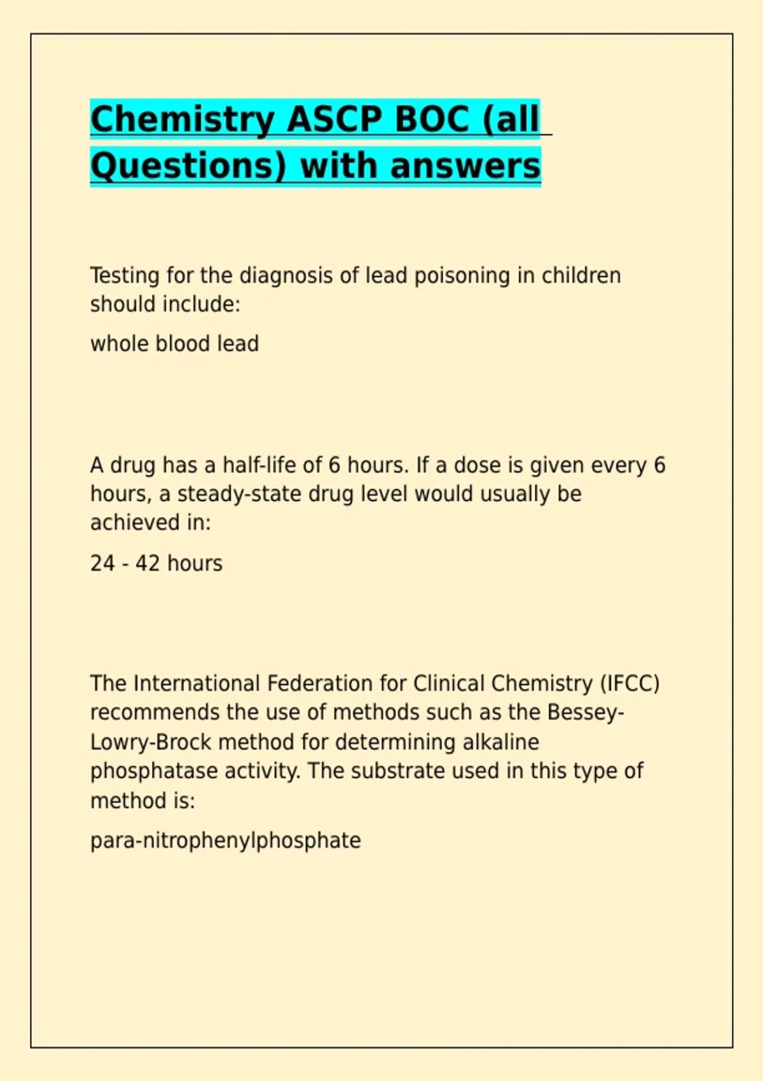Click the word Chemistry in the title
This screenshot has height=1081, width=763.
point(182,120)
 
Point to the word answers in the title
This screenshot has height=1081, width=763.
point(465,167)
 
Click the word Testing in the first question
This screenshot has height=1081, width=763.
point(125,276)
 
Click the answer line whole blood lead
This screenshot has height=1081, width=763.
point(174,344)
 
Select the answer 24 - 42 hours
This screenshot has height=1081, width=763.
point(156,563)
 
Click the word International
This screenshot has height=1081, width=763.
point(196,684)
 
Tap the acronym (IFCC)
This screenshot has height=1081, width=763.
point(629,684)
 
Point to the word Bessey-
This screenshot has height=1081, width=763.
point(585,712)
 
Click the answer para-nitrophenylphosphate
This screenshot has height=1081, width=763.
point(225,841)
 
